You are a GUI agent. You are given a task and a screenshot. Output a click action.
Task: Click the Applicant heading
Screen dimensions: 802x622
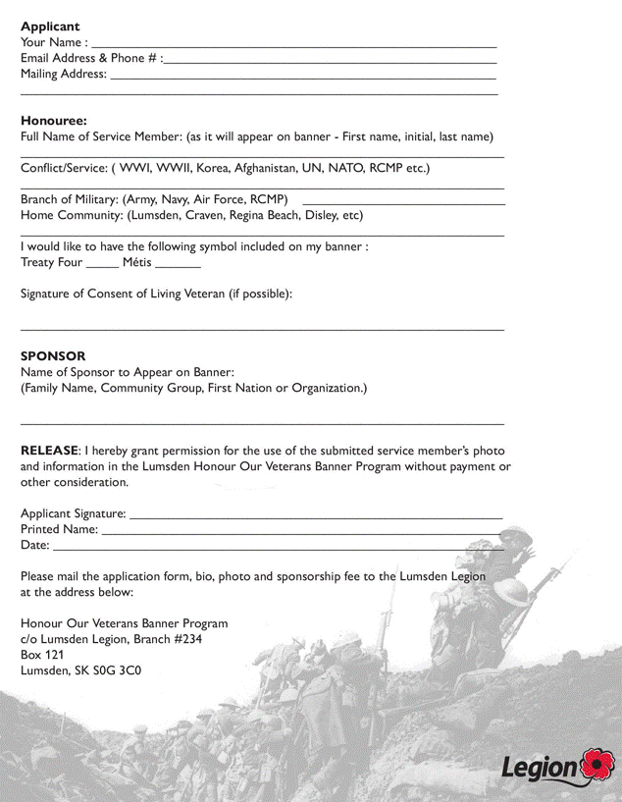click(x=50, y=27)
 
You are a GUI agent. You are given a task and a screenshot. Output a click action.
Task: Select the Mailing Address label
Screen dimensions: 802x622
click(x=64, y=74)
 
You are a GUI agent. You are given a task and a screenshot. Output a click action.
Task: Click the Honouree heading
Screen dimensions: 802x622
click(x=54, y=121)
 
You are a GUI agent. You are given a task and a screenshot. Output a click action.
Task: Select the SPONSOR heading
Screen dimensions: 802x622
click(x=53, y=356)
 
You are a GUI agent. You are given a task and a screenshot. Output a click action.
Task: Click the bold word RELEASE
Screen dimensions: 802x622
click(x=49, y=451)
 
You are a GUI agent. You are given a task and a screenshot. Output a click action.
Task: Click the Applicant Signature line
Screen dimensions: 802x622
click(x=316, y=515)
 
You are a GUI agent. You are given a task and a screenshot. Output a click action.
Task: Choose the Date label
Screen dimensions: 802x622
click(x=34, y=545)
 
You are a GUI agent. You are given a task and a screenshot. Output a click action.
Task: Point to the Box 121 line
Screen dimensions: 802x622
click(x=42, y=655)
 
